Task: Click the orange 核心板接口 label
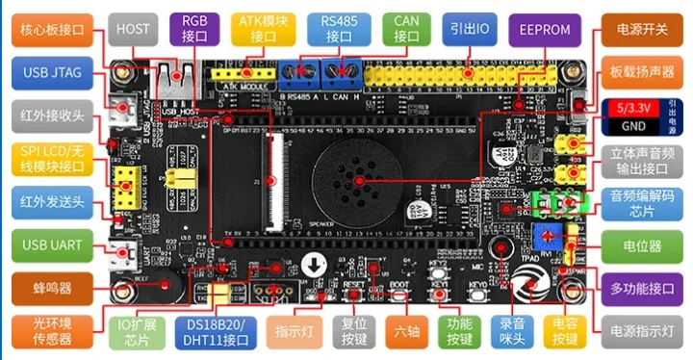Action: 51,30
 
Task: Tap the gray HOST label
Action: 133,30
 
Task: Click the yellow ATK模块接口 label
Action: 263,30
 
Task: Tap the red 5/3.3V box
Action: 630,108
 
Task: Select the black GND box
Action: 630,126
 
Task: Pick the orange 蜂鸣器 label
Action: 51,286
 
